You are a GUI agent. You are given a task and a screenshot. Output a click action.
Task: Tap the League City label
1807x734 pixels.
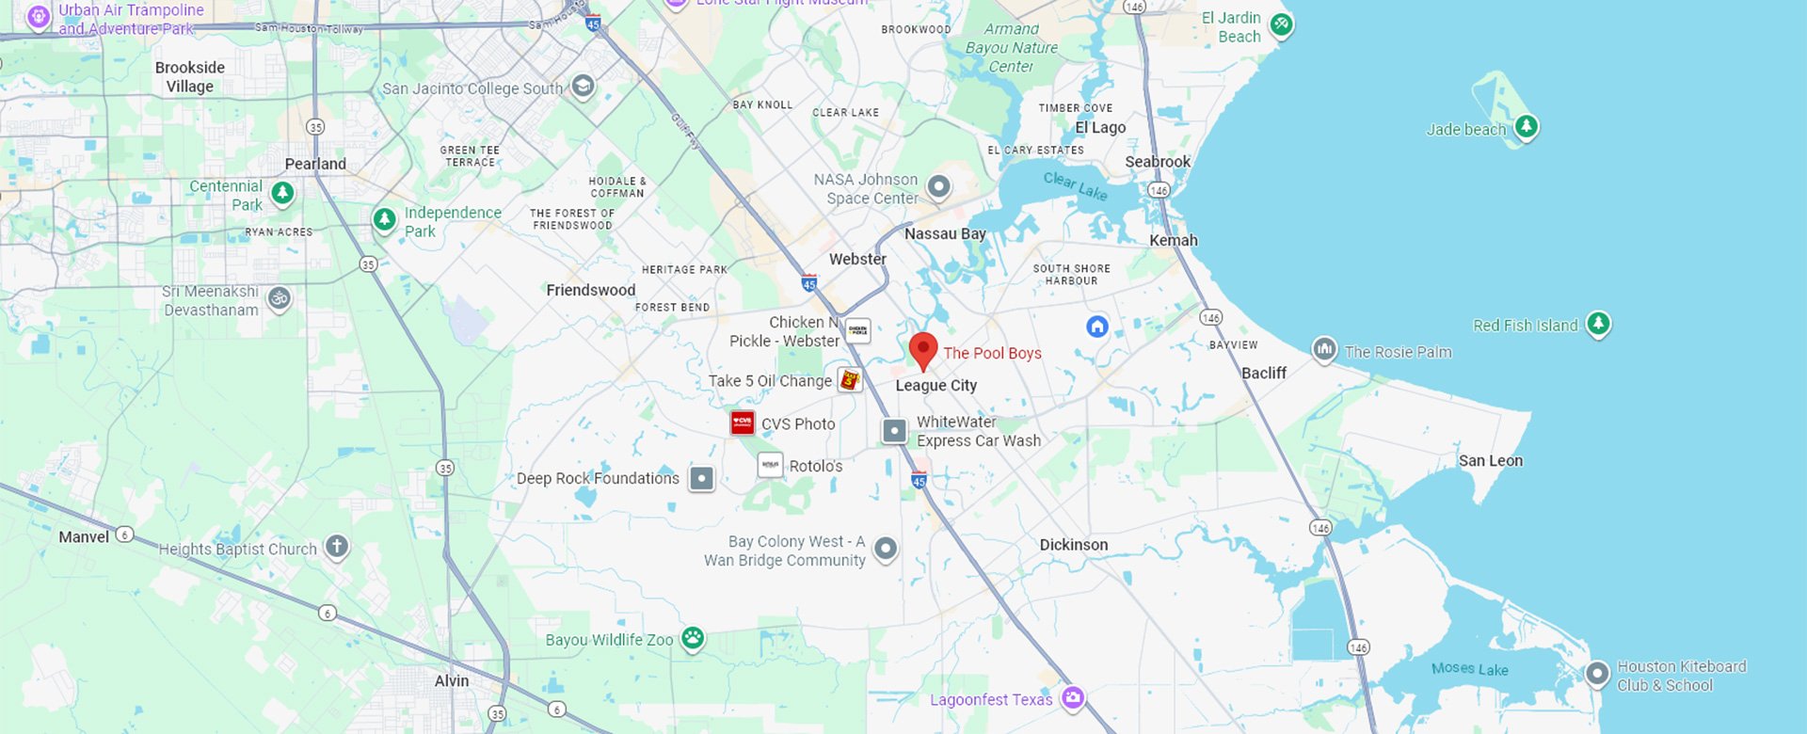point(935,386)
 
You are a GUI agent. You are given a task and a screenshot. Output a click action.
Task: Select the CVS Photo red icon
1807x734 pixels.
point(743,423)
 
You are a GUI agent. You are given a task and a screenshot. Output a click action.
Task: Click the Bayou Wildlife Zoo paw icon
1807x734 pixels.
point(693,639)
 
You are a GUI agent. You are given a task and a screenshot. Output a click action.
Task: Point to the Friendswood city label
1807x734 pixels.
point(591,290)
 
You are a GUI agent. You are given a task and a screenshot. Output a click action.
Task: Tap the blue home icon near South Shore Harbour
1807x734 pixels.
point(1097,327)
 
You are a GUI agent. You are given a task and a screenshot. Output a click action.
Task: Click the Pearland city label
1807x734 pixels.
point(315,164)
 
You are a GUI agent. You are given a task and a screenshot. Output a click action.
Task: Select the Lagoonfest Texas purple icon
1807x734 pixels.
point(1072,698)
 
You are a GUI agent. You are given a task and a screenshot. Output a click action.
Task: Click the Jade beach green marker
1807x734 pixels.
point(1526,126)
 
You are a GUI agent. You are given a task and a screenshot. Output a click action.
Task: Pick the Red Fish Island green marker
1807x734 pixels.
point(1598,324)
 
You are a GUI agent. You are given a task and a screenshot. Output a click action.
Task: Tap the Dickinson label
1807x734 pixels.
point(1073,545)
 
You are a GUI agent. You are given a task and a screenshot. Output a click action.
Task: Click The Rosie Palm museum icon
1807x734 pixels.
point(1324,350)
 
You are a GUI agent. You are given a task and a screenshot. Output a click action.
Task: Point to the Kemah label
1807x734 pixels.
point(1173,240)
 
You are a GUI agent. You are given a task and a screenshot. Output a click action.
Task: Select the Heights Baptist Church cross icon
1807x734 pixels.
point(337,546)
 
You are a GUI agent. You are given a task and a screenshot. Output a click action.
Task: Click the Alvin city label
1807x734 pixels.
point(452,680)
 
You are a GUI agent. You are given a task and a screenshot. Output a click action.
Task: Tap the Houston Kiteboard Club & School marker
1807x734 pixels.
point(1597,674)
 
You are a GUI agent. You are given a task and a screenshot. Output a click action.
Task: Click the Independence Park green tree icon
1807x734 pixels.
point(384,219)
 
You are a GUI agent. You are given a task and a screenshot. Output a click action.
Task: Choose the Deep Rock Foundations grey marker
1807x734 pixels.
point(701,478)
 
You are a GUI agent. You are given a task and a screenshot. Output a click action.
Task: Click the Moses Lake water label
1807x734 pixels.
point(1469,669)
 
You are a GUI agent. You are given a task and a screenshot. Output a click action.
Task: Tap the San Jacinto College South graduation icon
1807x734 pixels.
point(583,87)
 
